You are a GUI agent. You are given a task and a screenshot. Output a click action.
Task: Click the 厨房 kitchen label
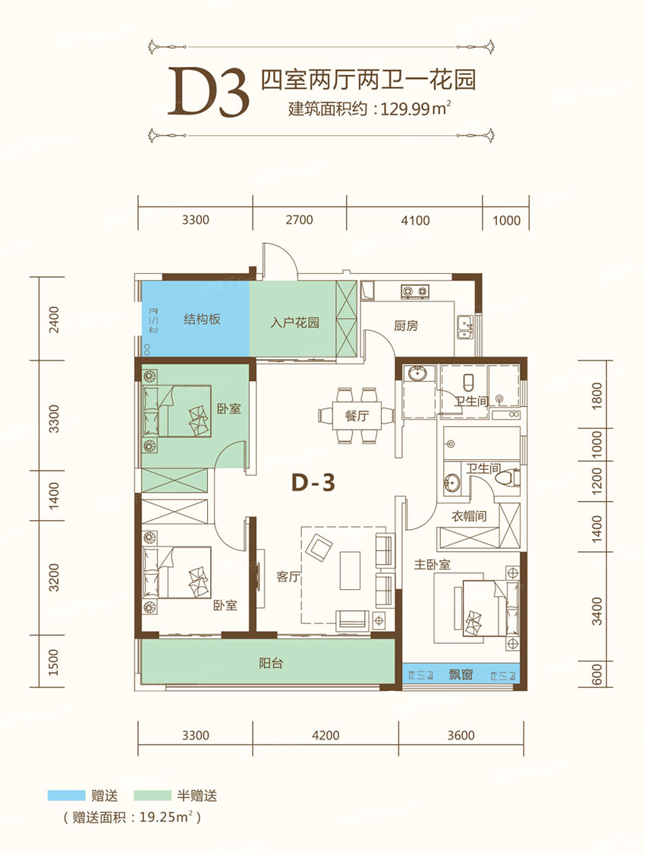point(406,326)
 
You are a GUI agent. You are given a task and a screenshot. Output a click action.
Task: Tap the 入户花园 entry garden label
point(294,323)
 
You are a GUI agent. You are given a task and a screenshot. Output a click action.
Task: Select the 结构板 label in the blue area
point(202,319)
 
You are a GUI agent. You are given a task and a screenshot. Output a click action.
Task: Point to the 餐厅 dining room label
point(357,416)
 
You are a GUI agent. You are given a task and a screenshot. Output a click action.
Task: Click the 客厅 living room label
point(289,577)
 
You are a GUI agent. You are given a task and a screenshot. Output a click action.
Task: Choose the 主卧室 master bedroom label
point(433,565)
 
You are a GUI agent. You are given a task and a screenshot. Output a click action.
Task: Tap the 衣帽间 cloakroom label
point(469,515)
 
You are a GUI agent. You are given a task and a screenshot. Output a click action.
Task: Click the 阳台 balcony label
point(270,663)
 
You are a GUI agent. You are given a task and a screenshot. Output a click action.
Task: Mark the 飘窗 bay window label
point(461,675)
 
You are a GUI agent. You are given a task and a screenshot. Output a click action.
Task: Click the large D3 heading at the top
point(209,92)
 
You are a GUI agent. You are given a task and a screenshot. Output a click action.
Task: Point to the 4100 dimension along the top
point(415,221)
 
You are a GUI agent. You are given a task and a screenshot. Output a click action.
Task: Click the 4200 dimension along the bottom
point(326,736)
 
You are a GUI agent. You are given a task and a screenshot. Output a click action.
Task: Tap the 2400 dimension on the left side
point(54,320)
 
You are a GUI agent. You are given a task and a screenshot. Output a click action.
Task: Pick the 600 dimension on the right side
point(596,674)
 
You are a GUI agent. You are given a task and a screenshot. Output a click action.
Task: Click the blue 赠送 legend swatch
point(67,796)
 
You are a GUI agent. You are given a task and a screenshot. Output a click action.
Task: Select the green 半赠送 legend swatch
point(153,796)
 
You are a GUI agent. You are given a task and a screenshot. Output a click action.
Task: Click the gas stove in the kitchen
point(415,292)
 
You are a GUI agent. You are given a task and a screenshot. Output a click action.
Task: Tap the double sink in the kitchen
point(466,327)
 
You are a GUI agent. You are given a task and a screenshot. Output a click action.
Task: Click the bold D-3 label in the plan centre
point(313,483)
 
